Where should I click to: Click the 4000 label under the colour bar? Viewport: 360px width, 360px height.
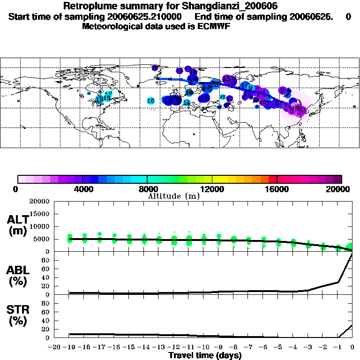(82, 189)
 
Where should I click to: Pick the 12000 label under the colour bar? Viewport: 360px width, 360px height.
(212, 189)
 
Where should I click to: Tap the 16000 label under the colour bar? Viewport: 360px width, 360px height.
(277, 189)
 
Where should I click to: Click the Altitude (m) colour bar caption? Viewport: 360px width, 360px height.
(173, 196)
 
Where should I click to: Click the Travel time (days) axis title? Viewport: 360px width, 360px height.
(205, 356)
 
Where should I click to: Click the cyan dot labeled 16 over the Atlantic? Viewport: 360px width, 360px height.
(150, 101)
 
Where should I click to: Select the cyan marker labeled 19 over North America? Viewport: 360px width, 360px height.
(99, 99)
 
